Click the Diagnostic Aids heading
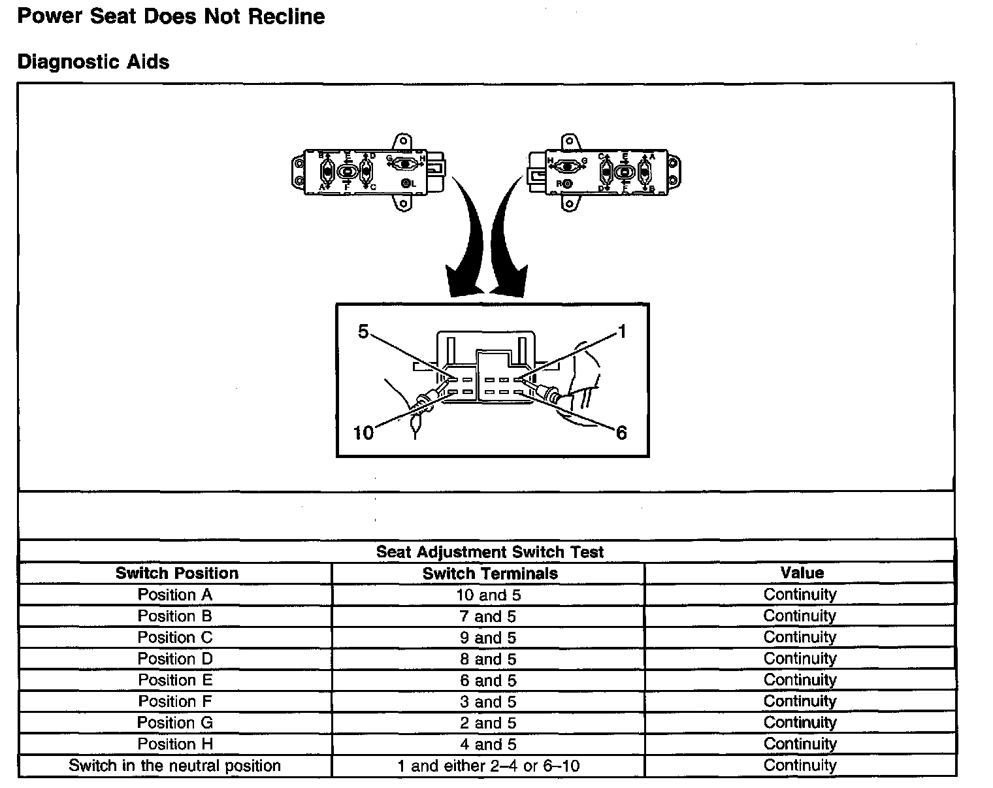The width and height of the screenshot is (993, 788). [x=93, y=62]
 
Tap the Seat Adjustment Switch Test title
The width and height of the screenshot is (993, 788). [x=489, y=551]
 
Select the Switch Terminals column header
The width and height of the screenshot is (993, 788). [x=489, y=574]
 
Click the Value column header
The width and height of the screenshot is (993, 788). [x=802, y=573]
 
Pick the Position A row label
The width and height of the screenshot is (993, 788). [x=175, y=595]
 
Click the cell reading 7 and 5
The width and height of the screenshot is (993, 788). [x=488, y=616]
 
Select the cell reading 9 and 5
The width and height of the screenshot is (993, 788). [x=488, y=638]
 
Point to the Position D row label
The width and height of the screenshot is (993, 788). [x=175, y=659]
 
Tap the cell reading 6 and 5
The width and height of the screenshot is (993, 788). [x=488, y=680]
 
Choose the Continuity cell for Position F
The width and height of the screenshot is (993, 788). [x=800, y=701]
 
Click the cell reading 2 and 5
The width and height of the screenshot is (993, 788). [x=488, y=723]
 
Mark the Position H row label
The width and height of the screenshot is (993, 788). [x=175, y=744]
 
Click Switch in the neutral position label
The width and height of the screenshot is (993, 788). [x=175, y=766]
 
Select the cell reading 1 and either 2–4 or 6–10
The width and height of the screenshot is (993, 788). [x=488, y=766]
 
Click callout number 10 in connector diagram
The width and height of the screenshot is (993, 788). [x=363, y=433]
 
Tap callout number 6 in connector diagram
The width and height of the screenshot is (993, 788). [x=621, y=433]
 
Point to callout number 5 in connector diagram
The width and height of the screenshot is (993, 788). [x=363, y=332]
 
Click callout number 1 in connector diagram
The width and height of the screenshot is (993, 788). [x=622, y=332]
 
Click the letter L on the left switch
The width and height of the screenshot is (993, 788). [x=414, y=184]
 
